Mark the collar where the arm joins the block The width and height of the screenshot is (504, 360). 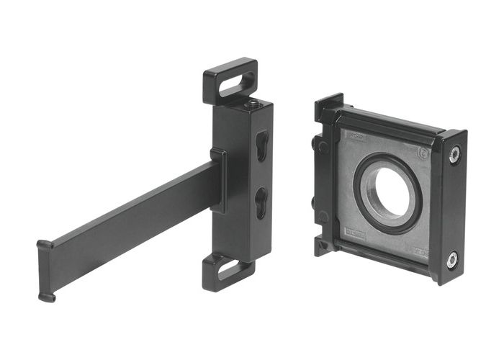(218, 181)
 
